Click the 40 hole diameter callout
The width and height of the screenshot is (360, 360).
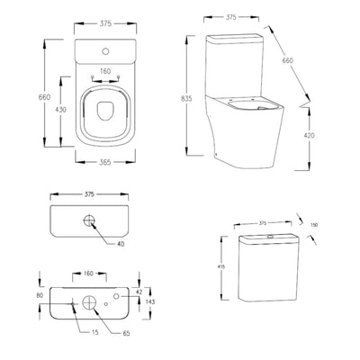[x=119, y=242]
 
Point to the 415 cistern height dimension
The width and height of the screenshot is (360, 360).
[x=220, y=267]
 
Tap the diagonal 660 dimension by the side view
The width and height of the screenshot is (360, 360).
[x=310, y=61]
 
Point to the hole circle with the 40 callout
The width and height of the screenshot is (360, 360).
[x=91, y=220]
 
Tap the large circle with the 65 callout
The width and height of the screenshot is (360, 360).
[x=92, y=301]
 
